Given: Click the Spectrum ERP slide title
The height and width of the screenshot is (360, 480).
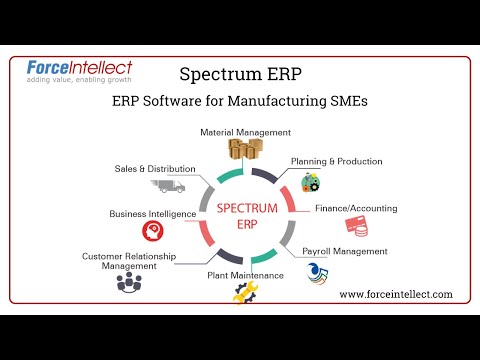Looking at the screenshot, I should point(239,75).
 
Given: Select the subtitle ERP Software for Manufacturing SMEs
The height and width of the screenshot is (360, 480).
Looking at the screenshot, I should point(241,101).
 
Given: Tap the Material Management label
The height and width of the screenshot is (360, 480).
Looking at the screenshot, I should point(245,132).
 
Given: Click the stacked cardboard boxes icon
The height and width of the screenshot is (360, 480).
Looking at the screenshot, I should point(244,151).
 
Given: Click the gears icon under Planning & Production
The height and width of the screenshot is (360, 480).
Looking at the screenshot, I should point(311,181).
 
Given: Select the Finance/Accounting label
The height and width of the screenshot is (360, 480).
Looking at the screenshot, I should point(355,208).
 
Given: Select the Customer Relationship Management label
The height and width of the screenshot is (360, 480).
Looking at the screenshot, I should point(129,261).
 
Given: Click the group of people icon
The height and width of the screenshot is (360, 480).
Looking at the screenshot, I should point(129,283).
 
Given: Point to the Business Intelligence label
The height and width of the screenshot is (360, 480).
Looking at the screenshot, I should point(152,214).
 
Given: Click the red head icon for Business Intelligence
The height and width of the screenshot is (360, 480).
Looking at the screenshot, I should point(153,232).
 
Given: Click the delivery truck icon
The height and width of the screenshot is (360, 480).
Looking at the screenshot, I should point(168,186).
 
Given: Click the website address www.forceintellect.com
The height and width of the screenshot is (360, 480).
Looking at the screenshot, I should point(396,294).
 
